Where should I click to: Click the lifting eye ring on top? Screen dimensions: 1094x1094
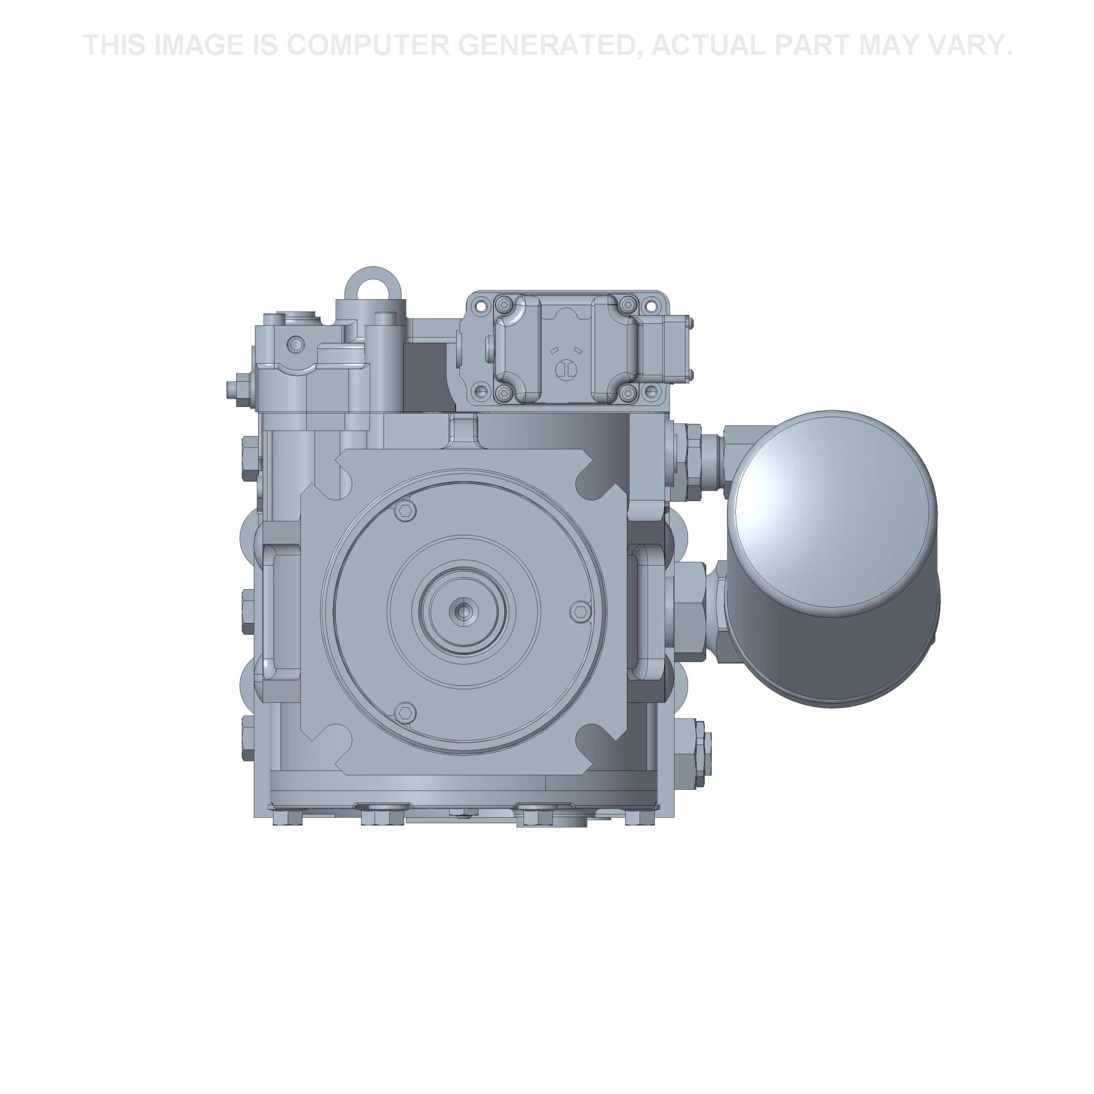click(x=371, y=283)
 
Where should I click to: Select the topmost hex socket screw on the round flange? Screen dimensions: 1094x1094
click(x=404, y=510)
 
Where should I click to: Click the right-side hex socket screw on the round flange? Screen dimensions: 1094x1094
click(x=579, y=610)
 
